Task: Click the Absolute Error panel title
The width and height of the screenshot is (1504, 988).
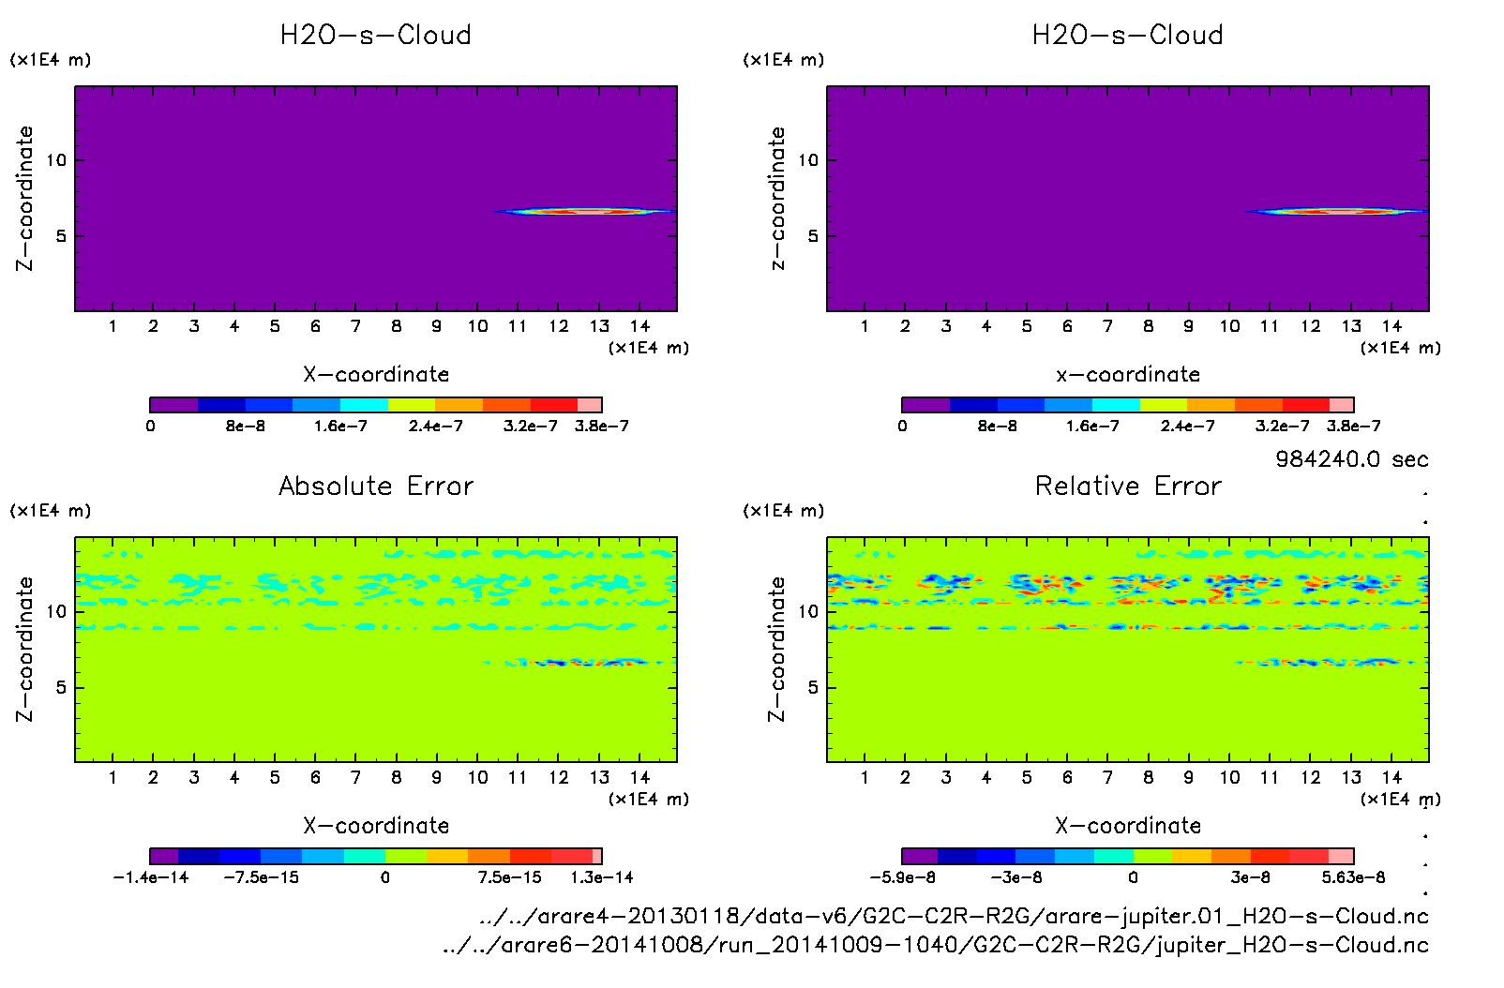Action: [x=376, y=486]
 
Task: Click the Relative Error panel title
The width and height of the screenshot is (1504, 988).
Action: [x=1128, y=486]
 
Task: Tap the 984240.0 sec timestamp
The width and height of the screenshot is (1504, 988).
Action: [x=1351, y=459]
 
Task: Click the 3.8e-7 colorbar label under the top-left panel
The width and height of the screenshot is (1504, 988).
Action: [x=601, y=427]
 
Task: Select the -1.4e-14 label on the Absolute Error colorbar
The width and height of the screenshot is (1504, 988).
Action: [x=151, y=877]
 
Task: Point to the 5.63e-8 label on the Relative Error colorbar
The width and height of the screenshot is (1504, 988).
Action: [x=1353, y=877]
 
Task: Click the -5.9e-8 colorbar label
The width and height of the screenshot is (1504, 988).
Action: [x=902, y=877]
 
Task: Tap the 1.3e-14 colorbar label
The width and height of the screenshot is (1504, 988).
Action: [x=601, y=877]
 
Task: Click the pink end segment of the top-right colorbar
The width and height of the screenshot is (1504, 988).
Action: [x=1342, y=405]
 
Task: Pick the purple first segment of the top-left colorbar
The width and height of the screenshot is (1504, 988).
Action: [x=173, y=405]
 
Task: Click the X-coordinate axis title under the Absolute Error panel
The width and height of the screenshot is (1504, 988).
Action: [x=376, y=826]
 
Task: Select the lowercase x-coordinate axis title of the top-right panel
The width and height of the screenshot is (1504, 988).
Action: [x=1128, y=375]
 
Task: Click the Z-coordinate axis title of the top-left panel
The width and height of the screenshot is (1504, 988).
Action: [x=24, y=199]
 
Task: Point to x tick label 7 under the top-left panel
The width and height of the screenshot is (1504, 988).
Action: [x=355, y=326]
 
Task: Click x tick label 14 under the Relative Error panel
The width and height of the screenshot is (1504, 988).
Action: [x=1391, y=777]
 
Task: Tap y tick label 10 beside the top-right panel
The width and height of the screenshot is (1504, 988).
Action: [x=808, y=160]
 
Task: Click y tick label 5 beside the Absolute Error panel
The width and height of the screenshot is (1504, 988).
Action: [x=61, y=687]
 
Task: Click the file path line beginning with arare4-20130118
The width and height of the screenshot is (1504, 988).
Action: [x=954, y=916]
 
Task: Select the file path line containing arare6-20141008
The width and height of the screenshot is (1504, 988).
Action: [x=935, y=945]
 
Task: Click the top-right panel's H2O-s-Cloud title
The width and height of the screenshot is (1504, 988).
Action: [x=1128, y=36]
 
